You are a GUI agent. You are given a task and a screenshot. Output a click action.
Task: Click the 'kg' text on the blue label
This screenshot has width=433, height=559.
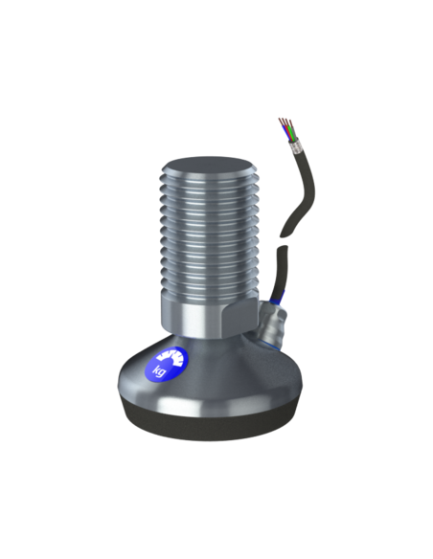159,371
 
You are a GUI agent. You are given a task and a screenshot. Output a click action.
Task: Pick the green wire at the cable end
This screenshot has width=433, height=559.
292,134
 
